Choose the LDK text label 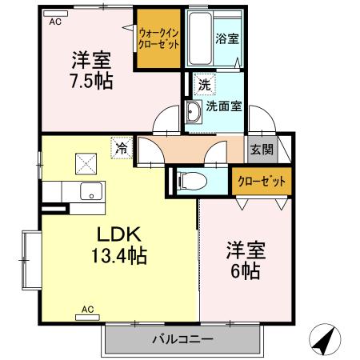pyautogui.click(x=119, y=235)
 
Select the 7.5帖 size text pyautogui.click(x=90, y=79)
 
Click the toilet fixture pyautogui.click(x=190, y=182)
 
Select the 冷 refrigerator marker pyautogui.click(x=121, y=148)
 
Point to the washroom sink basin pyautogui.click(x=194, y=112)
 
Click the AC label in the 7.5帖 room pyautogui.click(x=54, y=22)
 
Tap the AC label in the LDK pyautogui.click(x=87, y=309)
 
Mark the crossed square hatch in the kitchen pyautogui.click(x=84, y=163)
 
